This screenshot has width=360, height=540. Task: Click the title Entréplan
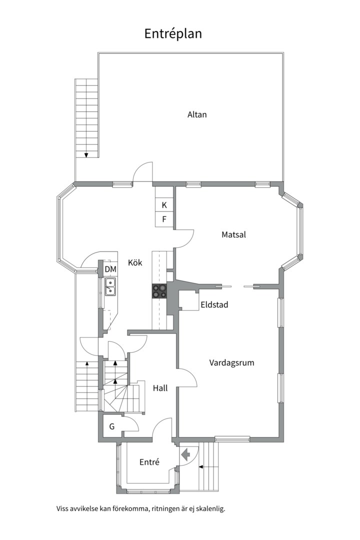click(x=173, y=33)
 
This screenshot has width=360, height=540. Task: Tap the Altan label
click(x=197, y=114)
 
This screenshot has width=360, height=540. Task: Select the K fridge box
click(x=164, y=205)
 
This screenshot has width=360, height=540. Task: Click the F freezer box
click(x=164, y=219)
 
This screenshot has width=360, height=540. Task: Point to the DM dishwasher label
click(x=110, y=269)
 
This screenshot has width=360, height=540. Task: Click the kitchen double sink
click(x=110, y=286)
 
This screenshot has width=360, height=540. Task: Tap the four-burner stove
click(x=160, y=291)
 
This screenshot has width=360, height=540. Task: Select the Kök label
click(x=135, y=262)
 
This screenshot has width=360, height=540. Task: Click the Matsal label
click(x=234, y=234)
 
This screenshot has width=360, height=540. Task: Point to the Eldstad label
click(x=214, y=304)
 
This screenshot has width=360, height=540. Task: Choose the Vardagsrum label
click(x=231, y=362)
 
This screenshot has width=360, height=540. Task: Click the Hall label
click(x=160, y=387)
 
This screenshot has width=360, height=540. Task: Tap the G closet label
click(x=112, y=426)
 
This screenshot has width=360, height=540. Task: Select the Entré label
click(x=149, y=462)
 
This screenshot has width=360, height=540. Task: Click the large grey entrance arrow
click(x=186, y=454)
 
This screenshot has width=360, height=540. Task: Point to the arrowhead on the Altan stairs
click(x=86, y=155)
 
